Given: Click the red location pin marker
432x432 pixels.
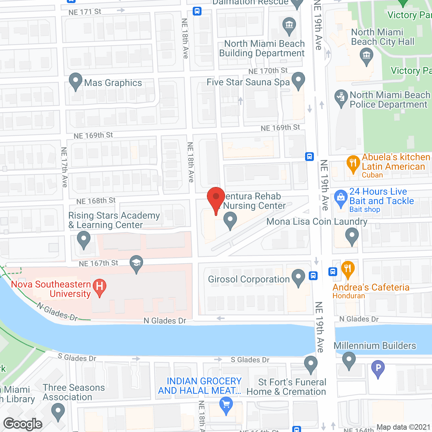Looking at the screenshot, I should pyautogui.click(x=216, y=198).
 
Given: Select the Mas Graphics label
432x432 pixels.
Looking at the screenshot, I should pyautogui.click(x=113, y=83).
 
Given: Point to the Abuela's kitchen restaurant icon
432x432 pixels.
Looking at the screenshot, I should pyautogui.click(x=353, y=163).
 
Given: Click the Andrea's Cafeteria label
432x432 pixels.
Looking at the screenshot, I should pyautogui.click(x=371, y=288).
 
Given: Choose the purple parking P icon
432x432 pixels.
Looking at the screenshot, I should pyautogui.click(x=378, y=368).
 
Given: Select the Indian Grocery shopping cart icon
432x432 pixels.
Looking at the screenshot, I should pyautogui.click(x=226, y=404).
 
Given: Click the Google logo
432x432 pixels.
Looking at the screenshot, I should pyautogui.click(x=23, y=424).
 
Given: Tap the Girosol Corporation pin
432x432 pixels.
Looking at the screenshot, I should pyautogui.click(x=298, y=277).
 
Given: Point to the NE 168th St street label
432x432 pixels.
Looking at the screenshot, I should pyautogui.click(x=96, y=201).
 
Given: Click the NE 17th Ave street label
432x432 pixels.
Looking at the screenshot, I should pyautogui.click(x=64, y=167).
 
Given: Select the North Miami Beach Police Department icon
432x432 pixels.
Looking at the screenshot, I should pyautogui.click(x=341, y=98).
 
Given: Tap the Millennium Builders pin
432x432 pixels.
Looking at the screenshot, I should pyautogui.click(x=349, y=360).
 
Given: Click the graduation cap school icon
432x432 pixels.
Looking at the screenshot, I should pyautogui.click(x=136, y=263).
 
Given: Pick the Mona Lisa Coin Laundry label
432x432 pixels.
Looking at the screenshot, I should pyautogui.click(x=317, y=222).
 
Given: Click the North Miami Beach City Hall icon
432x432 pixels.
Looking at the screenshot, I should pyautogui.click(x=366, y=56).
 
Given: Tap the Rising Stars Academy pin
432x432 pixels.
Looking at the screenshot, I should pyautogui.click(x=83, y=240).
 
